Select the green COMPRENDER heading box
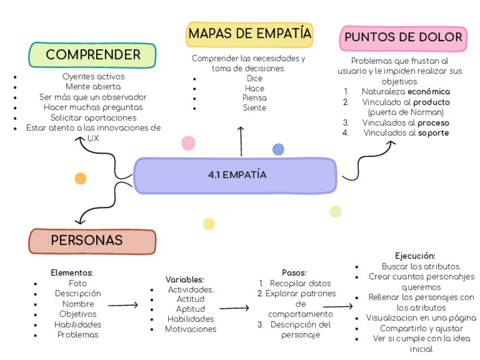tap(93, 55)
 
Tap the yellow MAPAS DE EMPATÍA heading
tap(250, 33)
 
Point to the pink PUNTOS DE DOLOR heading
tap(403, 38)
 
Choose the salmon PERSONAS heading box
tap(92, 241)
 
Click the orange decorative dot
tap(80, 178)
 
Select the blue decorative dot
tap(278, 149)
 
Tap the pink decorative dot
tap(188, 143)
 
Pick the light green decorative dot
tap(336, 211)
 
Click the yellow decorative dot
tap(209, 224)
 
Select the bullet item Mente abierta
tap(93, 87)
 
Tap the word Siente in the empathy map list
tap(254, 108)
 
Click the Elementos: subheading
tap(72, 273)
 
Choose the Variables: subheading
tap(185, 280)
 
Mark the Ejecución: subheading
tap(415, 256)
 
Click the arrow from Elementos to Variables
tap(123, 306)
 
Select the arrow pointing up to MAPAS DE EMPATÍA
tap(241, 142)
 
